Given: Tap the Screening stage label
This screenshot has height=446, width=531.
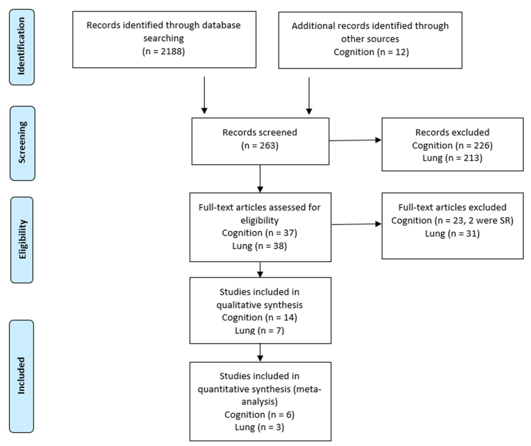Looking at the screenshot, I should (x=22, y=143).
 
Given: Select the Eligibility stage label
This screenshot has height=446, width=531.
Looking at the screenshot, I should (x=22, y=240).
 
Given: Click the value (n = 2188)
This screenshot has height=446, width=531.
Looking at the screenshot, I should (x=163, y=51).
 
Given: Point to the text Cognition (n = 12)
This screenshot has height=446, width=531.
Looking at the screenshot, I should (x=371, y=52).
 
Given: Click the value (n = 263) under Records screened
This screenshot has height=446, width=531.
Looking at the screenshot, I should (x=260, y=146).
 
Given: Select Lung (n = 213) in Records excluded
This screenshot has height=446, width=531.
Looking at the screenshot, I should (x=452, y=158).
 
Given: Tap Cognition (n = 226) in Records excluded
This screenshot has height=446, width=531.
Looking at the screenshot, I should (x=452, y=146).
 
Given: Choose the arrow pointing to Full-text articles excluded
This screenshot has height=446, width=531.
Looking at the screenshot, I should (x=356, y=224).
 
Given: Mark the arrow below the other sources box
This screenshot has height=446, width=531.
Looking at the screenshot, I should (x=309, y=96).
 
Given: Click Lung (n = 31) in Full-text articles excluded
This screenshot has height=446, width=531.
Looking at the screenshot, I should (x=452, y=233).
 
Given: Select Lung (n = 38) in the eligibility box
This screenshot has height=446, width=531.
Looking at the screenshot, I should (x=260, y=246).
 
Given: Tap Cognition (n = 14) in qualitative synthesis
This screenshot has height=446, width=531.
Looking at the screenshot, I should (x=260, y=317).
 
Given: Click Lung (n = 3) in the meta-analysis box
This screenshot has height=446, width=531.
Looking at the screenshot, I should (x=260, y=427).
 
